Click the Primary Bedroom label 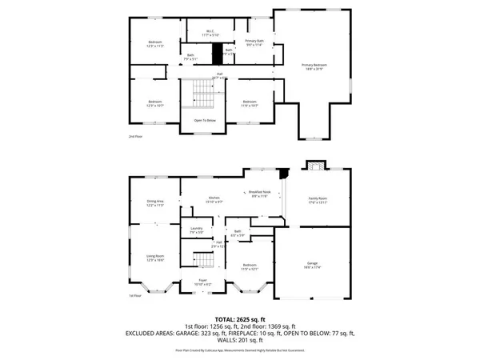click(314, 66)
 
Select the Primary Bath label click(255, 42)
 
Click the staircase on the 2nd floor click(204, 96)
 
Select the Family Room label click(319, 200)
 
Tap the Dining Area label click(154, 203)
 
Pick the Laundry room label click(196, 230)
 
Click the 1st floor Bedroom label click(250, 266)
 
